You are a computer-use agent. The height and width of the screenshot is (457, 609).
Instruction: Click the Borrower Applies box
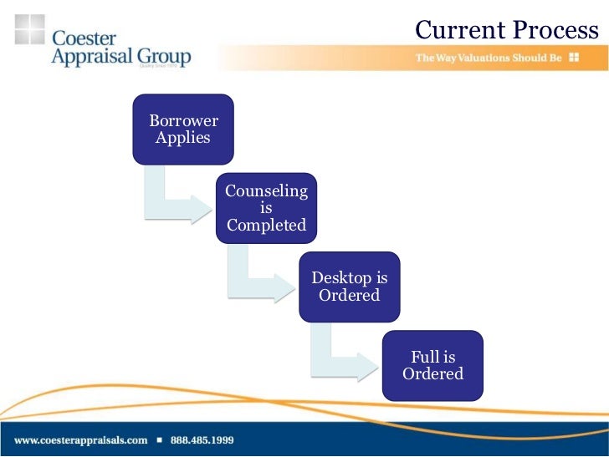[x=183, y=129]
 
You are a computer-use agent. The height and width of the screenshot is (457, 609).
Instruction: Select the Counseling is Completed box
[x=266, y=208]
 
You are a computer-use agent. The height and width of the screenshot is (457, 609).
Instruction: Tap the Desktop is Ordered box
[x=350, y=287]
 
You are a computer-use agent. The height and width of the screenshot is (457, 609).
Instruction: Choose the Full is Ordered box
[x=432, y=366]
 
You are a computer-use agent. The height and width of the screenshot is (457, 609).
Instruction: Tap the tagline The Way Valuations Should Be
[x=489, y=58]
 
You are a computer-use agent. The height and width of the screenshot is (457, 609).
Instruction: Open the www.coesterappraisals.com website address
[x=80, y=439]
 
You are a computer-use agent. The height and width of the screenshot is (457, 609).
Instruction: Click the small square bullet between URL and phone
[x=158, y=439]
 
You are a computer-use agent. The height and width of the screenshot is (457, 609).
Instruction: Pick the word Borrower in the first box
[x=183, y=120]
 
